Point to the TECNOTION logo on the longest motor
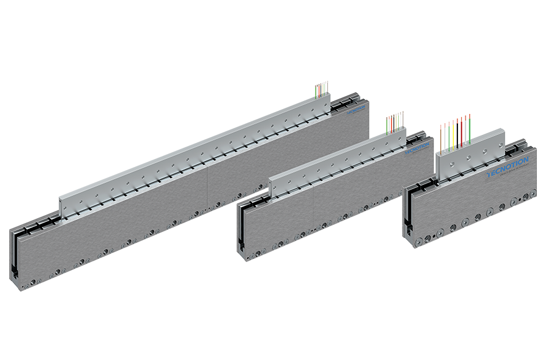pos(356,110)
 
